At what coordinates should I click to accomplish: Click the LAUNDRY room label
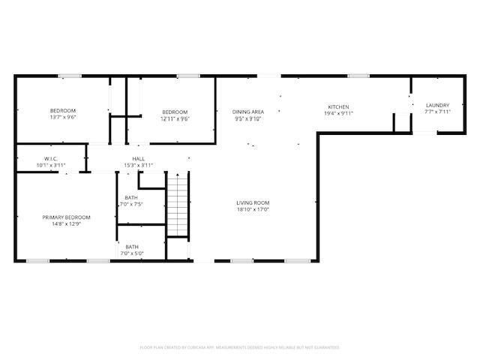tap(437, 105)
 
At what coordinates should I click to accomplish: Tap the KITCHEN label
tap(338, 106)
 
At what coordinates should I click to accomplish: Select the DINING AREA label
tap(248, 111)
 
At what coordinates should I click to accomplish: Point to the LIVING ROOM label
tap(253, 202)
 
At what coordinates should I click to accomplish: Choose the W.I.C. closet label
tap(51, 159)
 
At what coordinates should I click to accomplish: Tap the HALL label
tap(139, 159)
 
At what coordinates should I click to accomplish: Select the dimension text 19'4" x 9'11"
tap(338, 113)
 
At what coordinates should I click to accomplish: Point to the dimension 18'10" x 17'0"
tap(253, 210)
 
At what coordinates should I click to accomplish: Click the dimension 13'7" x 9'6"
tap(63, 118)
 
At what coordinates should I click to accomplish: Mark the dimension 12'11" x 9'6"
tap(175, 118)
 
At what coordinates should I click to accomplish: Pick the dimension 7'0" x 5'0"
tap(132, 253)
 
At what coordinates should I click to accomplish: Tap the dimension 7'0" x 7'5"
tap(132, 204)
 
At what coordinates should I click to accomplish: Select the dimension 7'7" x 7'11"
tap(437, 112)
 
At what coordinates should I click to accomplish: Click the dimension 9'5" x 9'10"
tap(248, 118)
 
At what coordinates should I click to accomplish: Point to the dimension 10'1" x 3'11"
tap(51, 165)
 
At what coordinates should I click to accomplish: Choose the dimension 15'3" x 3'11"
tap(139, 165)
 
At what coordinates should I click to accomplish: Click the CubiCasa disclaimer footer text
tap(240, 347)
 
